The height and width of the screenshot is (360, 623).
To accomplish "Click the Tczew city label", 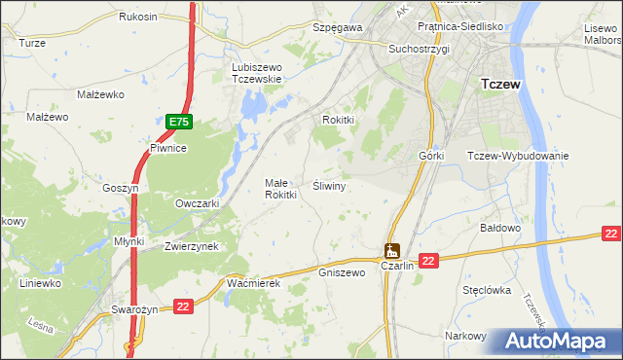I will (501, 85).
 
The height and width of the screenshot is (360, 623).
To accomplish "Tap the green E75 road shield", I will (178, 122).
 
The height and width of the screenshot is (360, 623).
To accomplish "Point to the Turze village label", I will (32, 43).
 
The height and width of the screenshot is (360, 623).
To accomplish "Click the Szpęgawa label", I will (337, 28).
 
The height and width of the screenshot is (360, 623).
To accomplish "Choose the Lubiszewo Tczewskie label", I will (257, 73).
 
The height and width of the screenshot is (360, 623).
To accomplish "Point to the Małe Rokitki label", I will (280, 189).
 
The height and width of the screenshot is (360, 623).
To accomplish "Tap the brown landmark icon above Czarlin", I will (392, 250).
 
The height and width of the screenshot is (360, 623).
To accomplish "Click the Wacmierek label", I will (253, 282).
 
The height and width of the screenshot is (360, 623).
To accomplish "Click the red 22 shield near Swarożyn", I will (182, 306).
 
